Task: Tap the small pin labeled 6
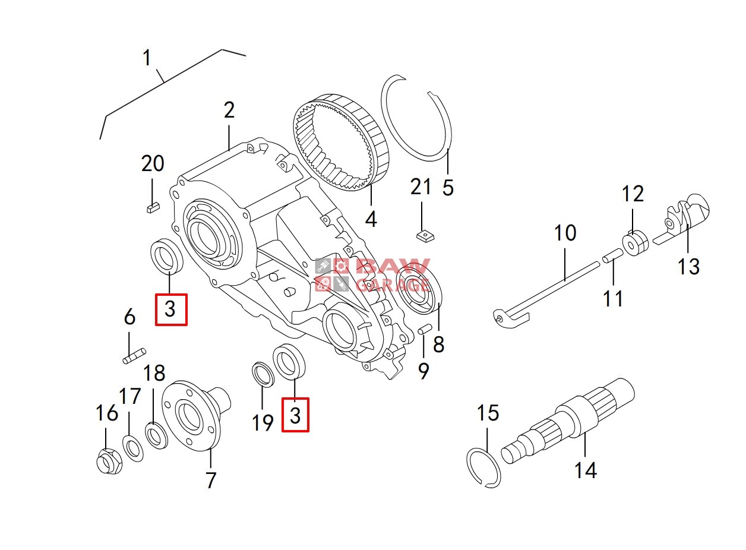[x=132, y=358]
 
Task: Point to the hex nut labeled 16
[x=109, y=461]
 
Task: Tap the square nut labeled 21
[x=423, y=236]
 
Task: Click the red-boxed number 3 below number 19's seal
[x=295, y=415]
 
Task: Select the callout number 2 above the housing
[x=229, y=110]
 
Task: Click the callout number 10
[x=565, y=233]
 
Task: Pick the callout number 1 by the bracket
[x=147, y=58]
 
